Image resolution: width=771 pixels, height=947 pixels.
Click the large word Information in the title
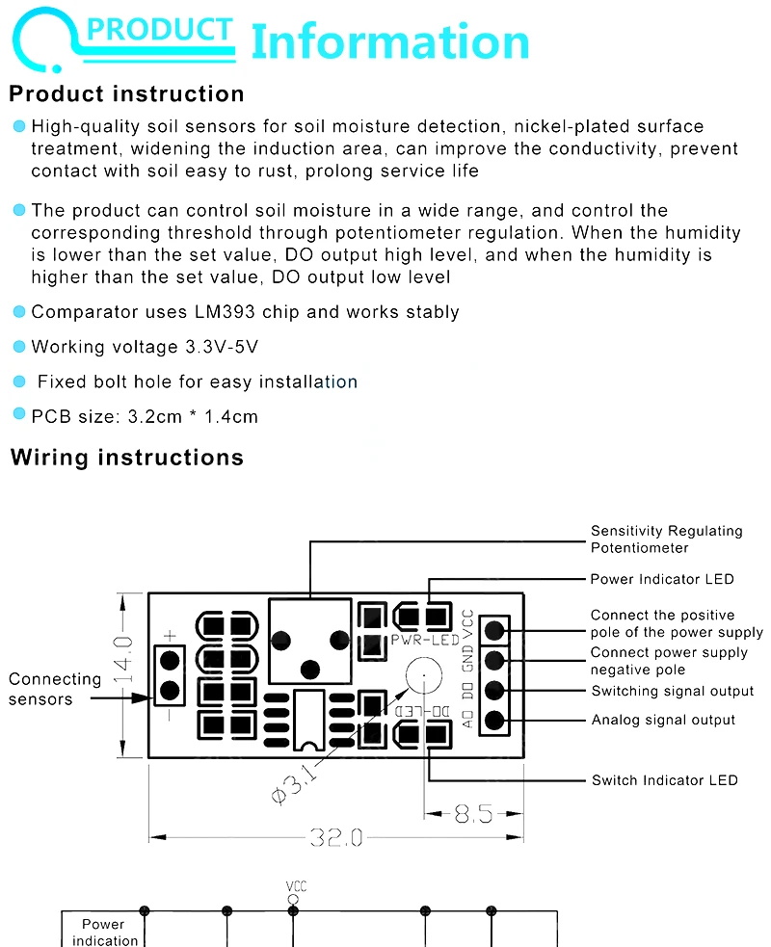coord(390,43)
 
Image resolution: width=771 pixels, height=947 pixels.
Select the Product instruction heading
coord(126,94)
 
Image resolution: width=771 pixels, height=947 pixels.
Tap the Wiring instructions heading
coord(126,458)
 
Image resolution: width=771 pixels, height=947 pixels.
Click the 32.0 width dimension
coord(335,838)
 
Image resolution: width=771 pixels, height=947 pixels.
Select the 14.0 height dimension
coord(122,659)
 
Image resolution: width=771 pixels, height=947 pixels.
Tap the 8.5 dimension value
coord(473,815)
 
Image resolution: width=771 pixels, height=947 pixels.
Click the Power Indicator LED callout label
coord(662,579)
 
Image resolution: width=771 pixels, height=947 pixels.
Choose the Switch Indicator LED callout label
coord(664,780)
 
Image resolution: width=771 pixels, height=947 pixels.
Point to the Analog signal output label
coord(663,720)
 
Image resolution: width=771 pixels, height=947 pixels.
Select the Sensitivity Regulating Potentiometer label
coord(666,539)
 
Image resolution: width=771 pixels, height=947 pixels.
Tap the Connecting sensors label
coord(54,689)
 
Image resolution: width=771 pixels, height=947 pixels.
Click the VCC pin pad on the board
coord(495,631)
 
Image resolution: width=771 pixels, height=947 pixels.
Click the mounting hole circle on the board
coord(422,675)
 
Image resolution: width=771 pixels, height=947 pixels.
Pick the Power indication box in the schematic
coord(104,933)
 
